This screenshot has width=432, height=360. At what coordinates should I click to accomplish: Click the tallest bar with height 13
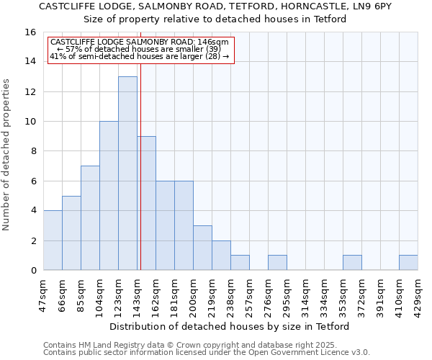coord(127,173)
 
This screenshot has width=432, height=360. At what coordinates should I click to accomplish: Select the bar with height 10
coord(109,196)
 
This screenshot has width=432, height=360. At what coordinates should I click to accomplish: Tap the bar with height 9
coord(146,203)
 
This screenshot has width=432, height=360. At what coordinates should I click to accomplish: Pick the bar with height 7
coord(90,218)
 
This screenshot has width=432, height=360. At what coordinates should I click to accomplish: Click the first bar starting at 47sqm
coord(53,240)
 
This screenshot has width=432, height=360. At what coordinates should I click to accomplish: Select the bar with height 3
coord(202,248)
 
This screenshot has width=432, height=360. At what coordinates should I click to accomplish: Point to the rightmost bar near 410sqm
coord(408,263)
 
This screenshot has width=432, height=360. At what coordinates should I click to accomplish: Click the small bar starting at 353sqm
coord(352,263)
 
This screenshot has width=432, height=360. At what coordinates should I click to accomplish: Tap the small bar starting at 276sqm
coord(277,263)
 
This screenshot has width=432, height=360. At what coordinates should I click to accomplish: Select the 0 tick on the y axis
coord(33,271)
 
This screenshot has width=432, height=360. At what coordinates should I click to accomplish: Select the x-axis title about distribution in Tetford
coord(230,326)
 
